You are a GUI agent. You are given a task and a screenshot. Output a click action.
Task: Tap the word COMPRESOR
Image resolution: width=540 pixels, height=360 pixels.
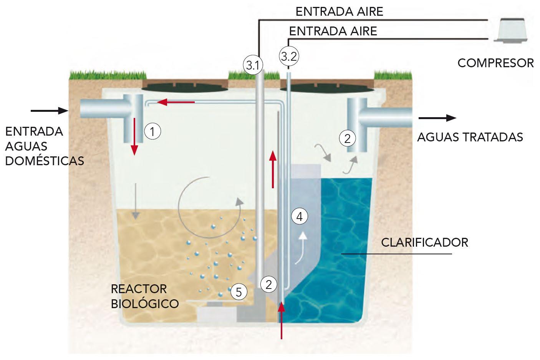click(495, 63)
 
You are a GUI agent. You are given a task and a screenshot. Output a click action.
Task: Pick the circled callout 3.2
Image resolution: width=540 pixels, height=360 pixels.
click(289, 57)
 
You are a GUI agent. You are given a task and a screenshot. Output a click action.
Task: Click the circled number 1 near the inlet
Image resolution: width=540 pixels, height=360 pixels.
click(152, 132)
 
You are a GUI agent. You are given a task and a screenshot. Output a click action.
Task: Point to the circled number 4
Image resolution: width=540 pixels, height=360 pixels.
click(300, 217)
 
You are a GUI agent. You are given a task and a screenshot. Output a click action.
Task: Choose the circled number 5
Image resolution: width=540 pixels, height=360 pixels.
click(239, 292)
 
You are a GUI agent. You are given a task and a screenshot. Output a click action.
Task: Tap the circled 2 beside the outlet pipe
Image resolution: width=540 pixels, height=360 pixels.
click(348, 138)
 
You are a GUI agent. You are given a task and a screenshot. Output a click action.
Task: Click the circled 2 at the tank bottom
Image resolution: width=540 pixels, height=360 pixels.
click(268, 284)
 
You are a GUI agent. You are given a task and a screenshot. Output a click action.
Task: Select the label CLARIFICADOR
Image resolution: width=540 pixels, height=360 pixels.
click(424, 242)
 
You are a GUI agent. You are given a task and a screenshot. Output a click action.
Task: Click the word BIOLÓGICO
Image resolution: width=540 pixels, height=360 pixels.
click(145, 304)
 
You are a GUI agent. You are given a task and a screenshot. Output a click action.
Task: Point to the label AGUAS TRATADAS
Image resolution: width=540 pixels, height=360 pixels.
click(470, 137)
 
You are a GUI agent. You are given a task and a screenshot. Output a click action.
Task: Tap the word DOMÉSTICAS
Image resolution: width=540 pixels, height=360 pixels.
click(45, 161)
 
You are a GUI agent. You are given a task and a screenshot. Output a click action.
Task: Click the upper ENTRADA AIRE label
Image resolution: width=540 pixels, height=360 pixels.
click(339, 12)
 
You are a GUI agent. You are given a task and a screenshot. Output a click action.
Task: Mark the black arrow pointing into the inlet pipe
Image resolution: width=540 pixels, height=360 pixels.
click(49, 111)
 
